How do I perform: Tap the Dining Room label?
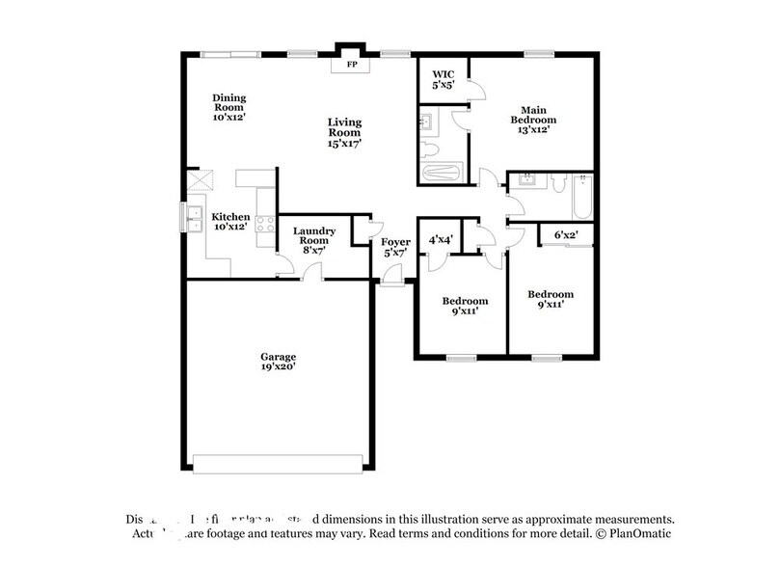[229, 104]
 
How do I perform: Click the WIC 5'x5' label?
[443, 79]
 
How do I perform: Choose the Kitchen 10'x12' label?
[231, 223]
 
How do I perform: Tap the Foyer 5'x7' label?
[394, 247]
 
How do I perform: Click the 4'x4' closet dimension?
[441, 238]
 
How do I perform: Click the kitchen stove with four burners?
[262, 228]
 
